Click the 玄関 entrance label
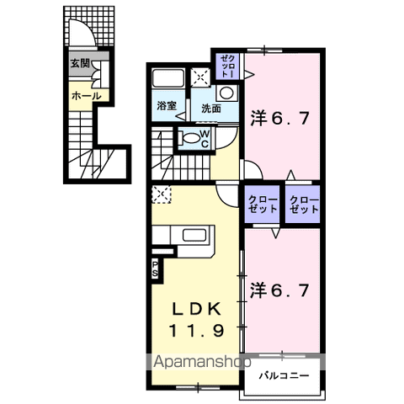click(80, 64)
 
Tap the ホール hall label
click(86, 96)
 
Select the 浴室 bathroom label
click(167, 106)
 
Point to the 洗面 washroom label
click(211, 109)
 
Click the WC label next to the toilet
click(205, 138)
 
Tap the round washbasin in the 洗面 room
click(226, 93)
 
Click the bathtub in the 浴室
click(168, 77)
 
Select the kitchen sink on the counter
click(194, 235)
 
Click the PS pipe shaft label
click(155, 268)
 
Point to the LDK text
click(196, 309)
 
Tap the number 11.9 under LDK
click(196, 331)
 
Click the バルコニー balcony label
click(284, 375)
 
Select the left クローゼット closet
click(263, 204)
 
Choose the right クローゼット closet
click(303, 204)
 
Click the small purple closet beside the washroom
click(227, 66)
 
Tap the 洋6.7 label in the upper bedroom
click(279, 119)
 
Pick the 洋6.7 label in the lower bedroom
click(279, 290)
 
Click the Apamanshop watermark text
click(202, 362)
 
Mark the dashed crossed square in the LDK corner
click(162, 194)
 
